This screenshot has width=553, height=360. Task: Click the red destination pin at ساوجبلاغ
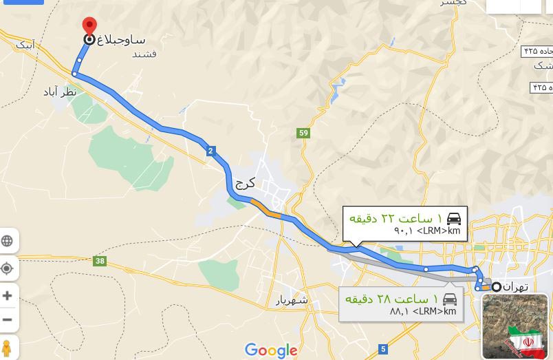pyautogui.click(x=89, y=27)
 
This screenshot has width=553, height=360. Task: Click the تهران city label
pyautogui.click(x=515, y=286)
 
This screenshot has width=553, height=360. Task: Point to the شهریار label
pyautogui.click(x=292, y=300)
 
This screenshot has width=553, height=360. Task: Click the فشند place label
pyautogui.click(x=144, y=54)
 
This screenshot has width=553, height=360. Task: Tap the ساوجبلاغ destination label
pyautogui.click(x=121, y=40)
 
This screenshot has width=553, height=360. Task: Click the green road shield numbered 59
pyautogui.click(x=303, y=133)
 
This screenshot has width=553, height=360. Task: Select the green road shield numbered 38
pyautogui.click(x=100, y=261)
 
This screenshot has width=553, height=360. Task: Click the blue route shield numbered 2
pyautogui.click(x=210, y=151)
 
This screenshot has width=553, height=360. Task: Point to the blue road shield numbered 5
pyautogui.click(x=383, y=349)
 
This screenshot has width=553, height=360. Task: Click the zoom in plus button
pyautogui.click(x=8, y=295)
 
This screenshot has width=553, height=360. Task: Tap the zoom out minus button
pyautogui.click(x=8, y=319)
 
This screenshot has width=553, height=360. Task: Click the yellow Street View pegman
pyautogui.click(x=7, y=348)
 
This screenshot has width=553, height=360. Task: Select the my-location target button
pyautogui.click(x=8, y=268)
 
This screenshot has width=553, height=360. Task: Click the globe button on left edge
pyautogui.click(x=8, y=241)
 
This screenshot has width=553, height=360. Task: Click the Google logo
pyautogui.click(x=271, y=350)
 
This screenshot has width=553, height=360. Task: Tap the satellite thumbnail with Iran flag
pyautogui.click(x=515, y=326)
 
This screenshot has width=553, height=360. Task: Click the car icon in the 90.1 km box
pyautogui.click(x=453, y=219)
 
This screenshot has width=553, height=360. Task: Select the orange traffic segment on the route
pyautogui.click(x=265, y=209)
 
